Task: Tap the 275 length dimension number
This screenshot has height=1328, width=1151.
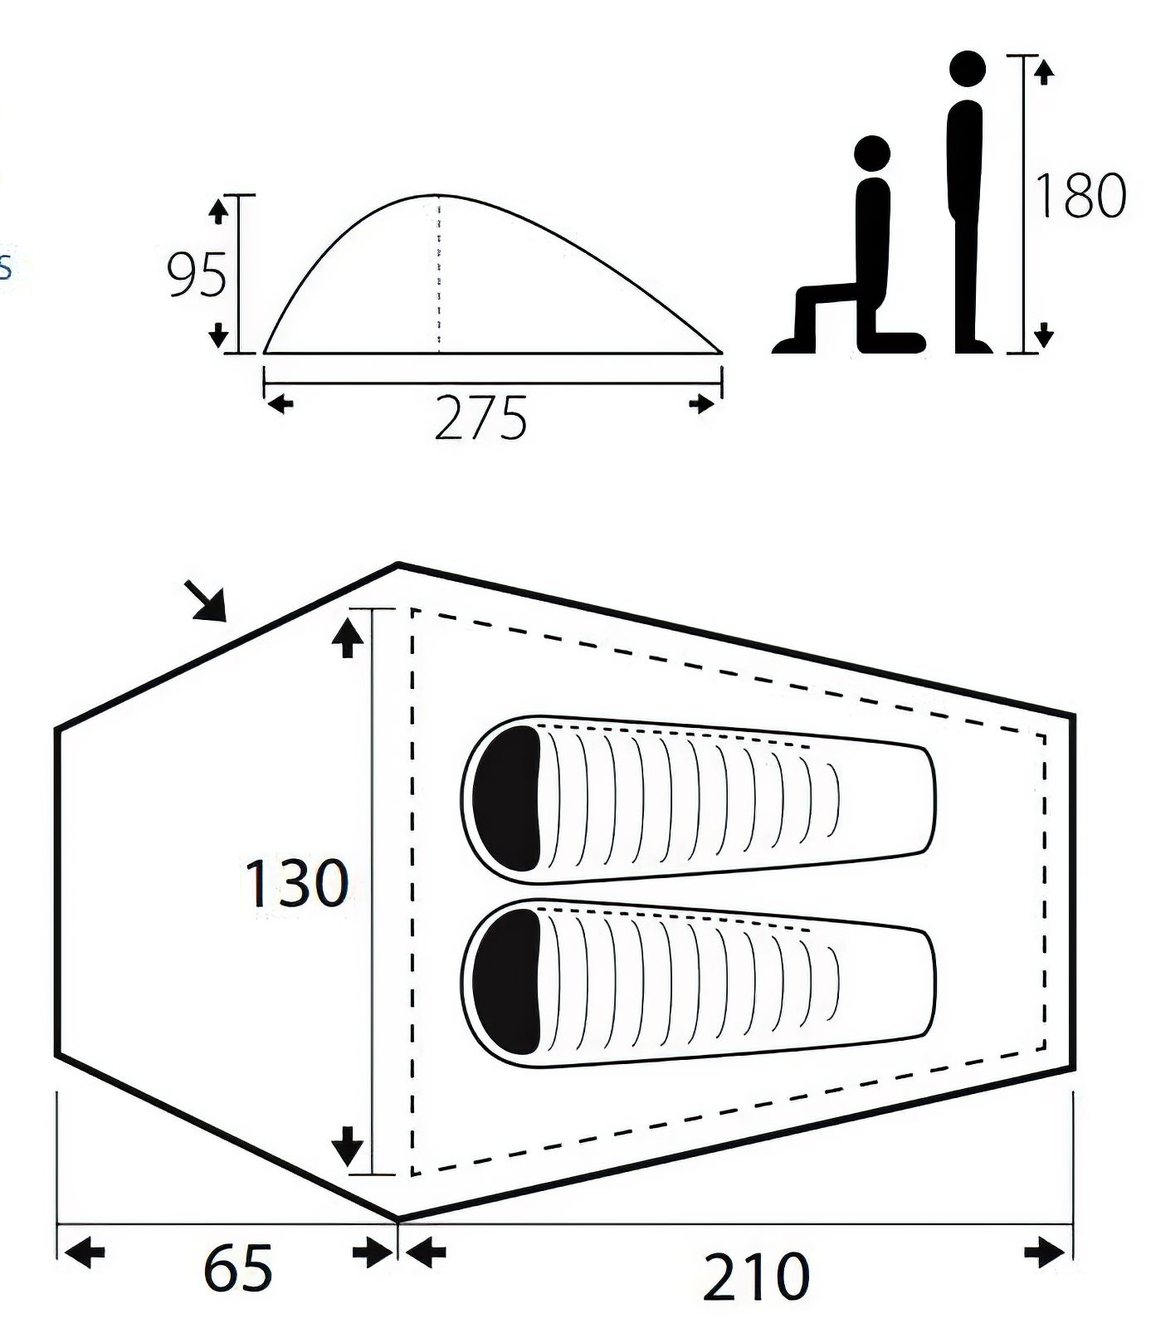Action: click(x=480, y=417)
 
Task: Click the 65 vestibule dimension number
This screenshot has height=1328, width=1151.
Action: click(x=238, y=1267)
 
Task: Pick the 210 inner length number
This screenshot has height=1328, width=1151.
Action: click(x=756, y=1277)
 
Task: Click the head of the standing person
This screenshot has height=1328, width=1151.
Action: click(x=967, y=68)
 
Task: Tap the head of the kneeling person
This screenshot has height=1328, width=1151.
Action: click(x=872, y=154)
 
